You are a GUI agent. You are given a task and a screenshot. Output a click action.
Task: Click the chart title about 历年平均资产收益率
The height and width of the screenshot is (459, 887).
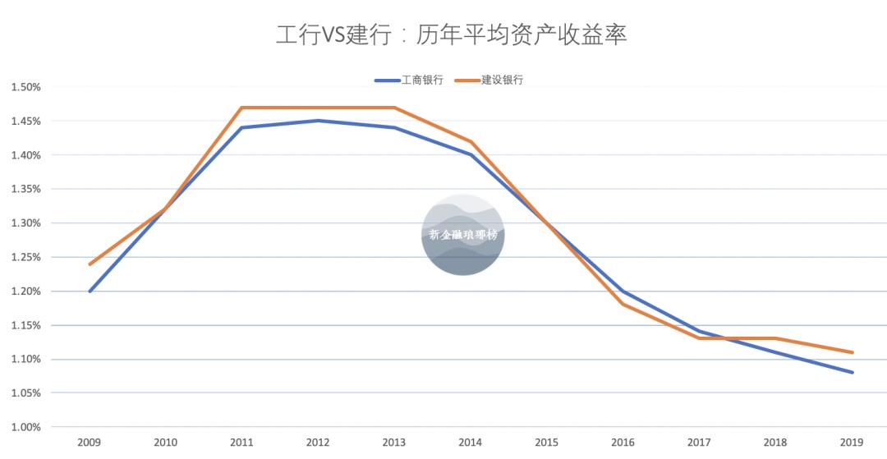[x=451, y=35]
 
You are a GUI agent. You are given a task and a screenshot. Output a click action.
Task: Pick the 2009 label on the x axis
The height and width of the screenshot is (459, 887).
[x=90, y=443]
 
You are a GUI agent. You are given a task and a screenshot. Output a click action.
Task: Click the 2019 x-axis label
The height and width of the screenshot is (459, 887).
[x=853, y=443]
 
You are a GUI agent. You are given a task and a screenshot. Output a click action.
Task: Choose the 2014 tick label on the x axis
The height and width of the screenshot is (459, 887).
[x=471, y=443]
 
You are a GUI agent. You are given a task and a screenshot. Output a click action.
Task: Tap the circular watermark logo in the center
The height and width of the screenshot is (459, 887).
[x=462, y=235]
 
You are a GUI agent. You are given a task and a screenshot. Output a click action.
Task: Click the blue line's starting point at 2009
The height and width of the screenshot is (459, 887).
[x=90, y=291]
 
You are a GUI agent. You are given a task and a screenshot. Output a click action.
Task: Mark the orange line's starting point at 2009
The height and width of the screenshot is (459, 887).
[x=90, y=264]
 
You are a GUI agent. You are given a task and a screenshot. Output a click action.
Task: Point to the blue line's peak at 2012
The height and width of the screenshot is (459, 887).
[x=319, y=121]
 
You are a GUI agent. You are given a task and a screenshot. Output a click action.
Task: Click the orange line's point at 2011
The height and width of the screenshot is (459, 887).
[x=242, y=108]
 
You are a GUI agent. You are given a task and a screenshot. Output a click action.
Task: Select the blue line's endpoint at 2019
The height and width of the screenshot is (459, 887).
[x=853, y=372]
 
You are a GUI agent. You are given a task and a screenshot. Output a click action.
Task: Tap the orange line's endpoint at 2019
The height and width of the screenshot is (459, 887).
[x=853, y=352]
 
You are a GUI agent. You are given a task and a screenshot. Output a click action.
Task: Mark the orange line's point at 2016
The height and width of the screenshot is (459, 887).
[x=623, y=305]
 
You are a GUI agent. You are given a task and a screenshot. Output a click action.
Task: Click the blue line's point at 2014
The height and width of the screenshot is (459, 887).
[x=471, y=154]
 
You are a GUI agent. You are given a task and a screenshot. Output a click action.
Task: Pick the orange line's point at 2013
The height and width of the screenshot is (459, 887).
[x=395, y=108]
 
